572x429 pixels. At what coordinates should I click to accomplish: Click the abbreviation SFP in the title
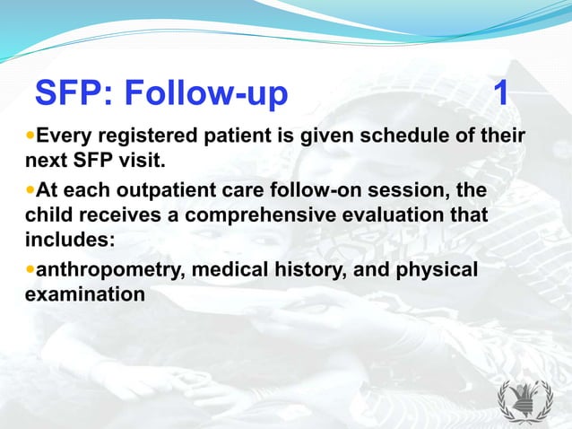tap(72, 92)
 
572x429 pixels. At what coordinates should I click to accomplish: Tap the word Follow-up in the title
tap(206, 92)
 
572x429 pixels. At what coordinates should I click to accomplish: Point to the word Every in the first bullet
tap(65, 137)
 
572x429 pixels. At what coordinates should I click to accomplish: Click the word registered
tap(150, 137)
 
